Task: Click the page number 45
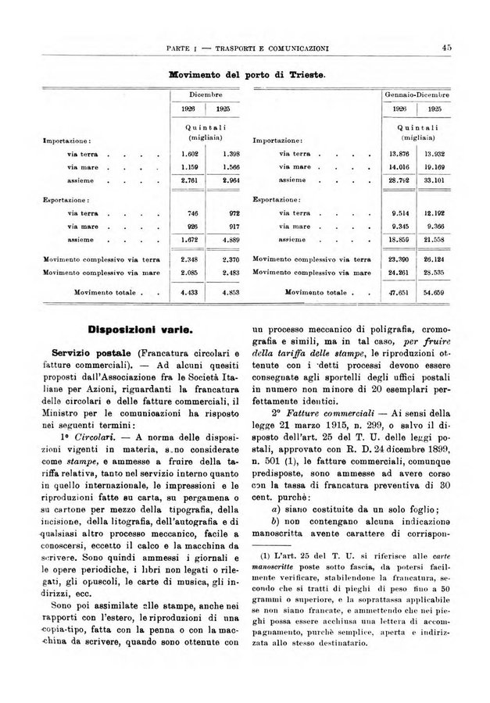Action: (x=447, y=48)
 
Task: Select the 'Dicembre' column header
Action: (x=204, y=95)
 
